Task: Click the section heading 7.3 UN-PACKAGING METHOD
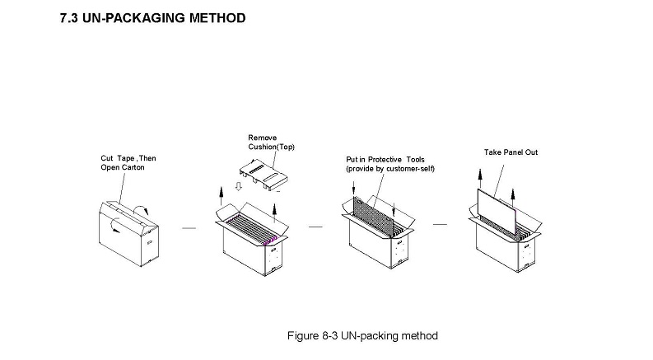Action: coord(152,17)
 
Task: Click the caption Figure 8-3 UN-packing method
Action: coord(361,335)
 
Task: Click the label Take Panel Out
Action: coord(510,152)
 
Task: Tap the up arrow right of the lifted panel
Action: coord(513,196)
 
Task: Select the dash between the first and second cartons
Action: coord(189,228)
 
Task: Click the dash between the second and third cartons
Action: coord(315,225)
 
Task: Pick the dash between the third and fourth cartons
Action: coord(440,224)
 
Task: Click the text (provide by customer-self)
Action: coord(389,168)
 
